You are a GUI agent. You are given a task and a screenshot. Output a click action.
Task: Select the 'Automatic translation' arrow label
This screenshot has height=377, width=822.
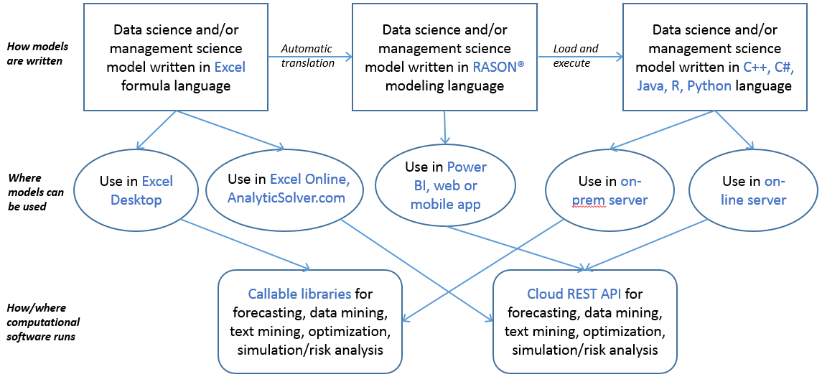[307, 56]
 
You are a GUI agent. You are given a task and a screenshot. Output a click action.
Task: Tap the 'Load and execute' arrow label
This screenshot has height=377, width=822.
[575, 56]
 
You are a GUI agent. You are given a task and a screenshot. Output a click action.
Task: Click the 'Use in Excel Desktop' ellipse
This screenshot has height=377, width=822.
[137, 190]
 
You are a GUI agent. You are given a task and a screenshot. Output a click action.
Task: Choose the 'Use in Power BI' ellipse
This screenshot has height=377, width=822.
[446, 185]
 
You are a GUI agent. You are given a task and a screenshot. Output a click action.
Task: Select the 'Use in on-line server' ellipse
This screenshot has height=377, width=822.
[753, 190]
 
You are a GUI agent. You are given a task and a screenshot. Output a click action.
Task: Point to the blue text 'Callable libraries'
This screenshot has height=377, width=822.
[299, 294]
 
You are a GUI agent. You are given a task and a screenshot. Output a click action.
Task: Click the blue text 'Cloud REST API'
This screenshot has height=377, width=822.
[574, 294]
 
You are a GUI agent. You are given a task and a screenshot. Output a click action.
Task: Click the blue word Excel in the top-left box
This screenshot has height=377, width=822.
[230, 68]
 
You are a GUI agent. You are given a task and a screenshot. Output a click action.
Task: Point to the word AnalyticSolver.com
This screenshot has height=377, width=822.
[286, 198]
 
